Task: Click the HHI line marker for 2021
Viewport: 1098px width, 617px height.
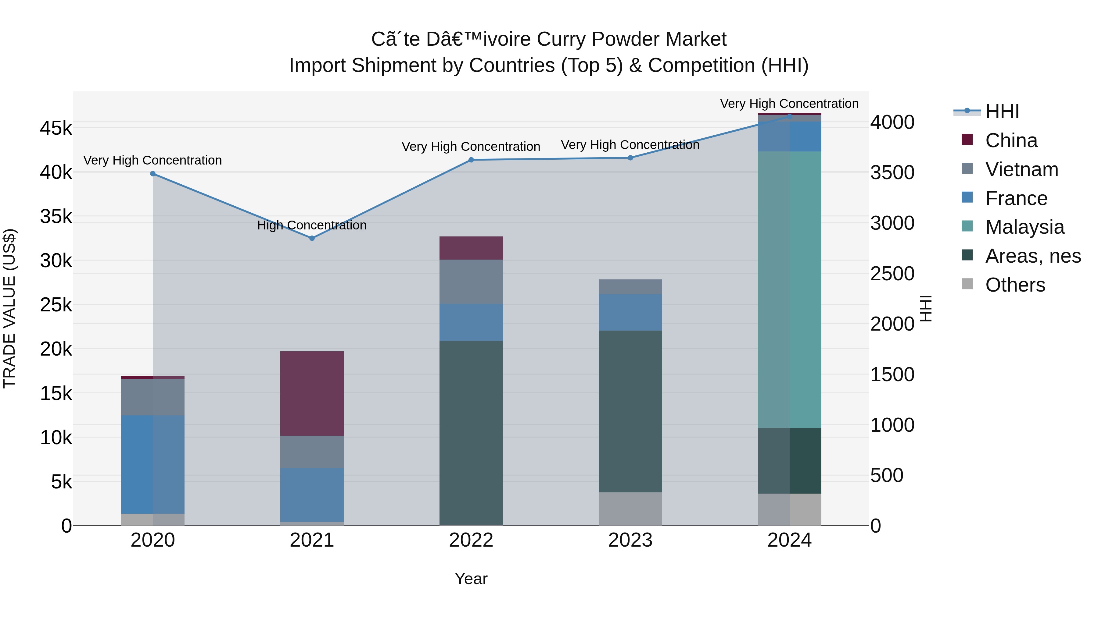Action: (x=312, y=239)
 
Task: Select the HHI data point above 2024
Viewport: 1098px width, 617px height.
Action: (x=789, y=116)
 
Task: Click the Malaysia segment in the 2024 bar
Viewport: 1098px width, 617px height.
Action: (x=789, y=289)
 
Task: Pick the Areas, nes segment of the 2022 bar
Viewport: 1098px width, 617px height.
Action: (x=471, y=432)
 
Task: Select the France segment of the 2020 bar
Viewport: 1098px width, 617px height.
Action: (x=152, y=464)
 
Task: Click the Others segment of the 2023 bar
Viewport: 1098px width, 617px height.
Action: (x=630, y=509)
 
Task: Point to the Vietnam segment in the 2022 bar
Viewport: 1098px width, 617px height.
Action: (x=471, y=282)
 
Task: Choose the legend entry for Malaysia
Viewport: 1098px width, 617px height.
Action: (x=1024, y=227)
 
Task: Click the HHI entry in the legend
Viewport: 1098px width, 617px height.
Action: (x=1002, y=112)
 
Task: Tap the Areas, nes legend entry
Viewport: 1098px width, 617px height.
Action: (x=1032, y=256)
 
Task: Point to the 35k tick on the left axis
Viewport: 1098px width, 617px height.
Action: (x=56, y=216)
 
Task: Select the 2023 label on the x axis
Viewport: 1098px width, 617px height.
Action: (x=630, y=540)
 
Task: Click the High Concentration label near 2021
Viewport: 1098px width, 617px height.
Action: (x=312, y=225)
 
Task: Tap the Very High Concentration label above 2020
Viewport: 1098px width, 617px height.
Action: (x=152, y=161)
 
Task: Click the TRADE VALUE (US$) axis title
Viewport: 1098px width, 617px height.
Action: (x=9, y=308)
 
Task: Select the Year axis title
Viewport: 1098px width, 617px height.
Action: (x=471, y=579)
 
